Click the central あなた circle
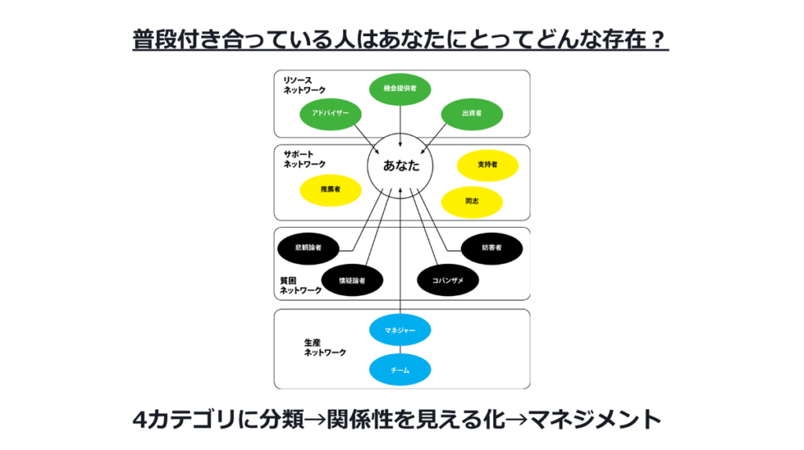[x=400, y=166]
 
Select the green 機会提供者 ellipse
[x=400, y=89]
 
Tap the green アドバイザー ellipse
[x=330, y=115]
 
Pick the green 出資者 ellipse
[x=472, y=115]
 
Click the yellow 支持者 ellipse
[x=487, y=165]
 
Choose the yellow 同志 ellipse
[x=472, y=202]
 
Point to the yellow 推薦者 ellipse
[x=330, y=189]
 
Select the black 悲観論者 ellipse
[x=308, y=247]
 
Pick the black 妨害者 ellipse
[x=492, y=247]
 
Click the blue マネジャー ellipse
[x=400, y=331]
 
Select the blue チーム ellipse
[x=400, y=369]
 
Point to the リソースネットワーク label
[x=305, y=86]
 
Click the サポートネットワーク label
[x=305, y=159]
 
